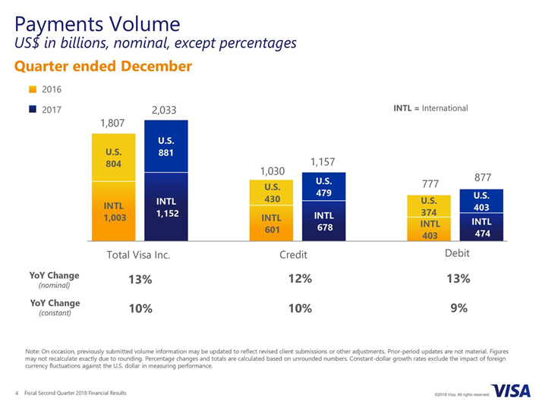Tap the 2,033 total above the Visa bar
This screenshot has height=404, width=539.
click(x=164, y=110)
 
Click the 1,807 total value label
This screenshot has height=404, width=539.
click(x=112, y=123)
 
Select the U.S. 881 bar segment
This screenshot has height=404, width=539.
click(x=166, y=146)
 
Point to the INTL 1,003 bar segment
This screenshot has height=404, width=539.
click(x=113, y=211)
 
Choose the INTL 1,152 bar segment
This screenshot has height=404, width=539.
click(x=166, y=207)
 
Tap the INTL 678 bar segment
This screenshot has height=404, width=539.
click(x=323, y=221)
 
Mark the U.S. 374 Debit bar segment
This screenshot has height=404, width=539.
click(x=429, y=206)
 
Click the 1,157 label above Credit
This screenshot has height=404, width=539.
click(x=323, y=162)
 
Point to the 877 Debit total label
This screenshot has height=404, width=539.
click(x=481, y=178)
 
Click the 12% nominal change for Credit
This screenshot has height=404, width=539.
click(x=301, y=278)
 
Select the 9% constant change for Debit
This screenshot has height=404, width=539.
click(x=459, y=308)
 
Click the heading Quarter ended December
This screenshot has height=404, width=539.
click(x=103, y=67)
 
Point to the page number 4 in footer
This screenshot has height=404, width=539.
click(x=17, y=393)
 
